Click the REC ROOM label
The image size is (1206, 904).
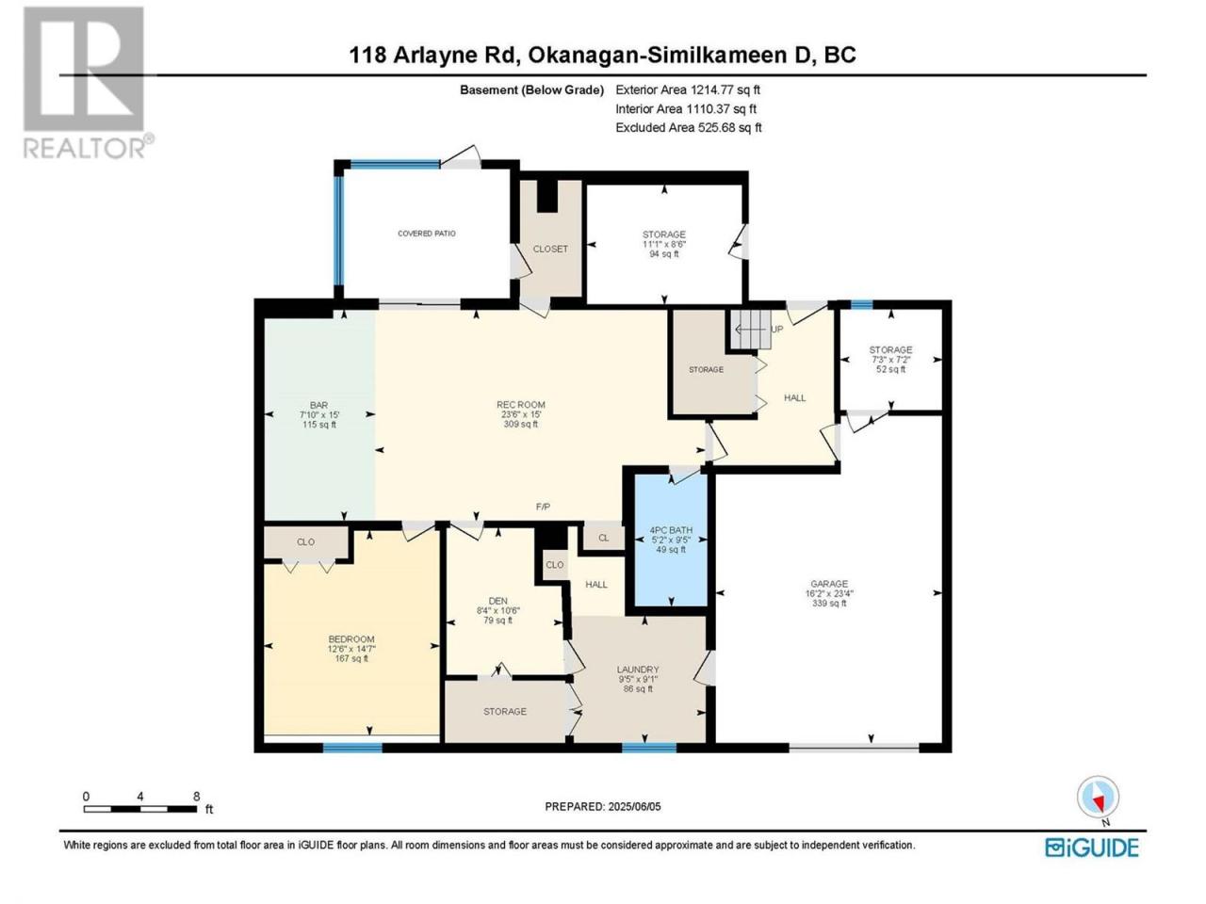click(520, 405)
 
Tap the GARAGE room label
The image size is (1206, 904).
click(828, 584)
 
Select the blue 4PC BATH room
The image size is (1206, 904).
click(670, 541)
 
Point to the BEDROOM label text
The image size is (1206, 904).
click(351, 638)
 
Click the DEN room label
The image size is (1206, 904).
click(497, 601)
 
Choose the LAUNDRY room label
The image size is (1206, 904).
click(637, 670)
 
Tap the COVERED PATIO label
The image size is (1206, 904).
click(427, 234)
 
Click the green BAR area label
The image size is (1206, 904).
click(318, 405)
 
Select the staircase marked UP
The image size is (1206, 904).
click(751, 329)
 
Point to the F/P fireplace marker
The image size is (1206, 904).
click(543, 508)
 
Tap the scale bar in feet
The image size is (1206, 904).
click(140, 809)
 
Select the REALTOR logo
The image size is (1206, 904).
click(88, 82)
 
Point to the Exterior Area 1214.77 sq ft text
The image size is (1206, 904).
click(688, 89)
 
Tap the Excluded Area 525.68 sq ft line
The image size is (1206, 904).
click(689, 127)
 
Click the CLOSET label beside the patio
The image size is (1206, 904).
click(550, 249)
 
